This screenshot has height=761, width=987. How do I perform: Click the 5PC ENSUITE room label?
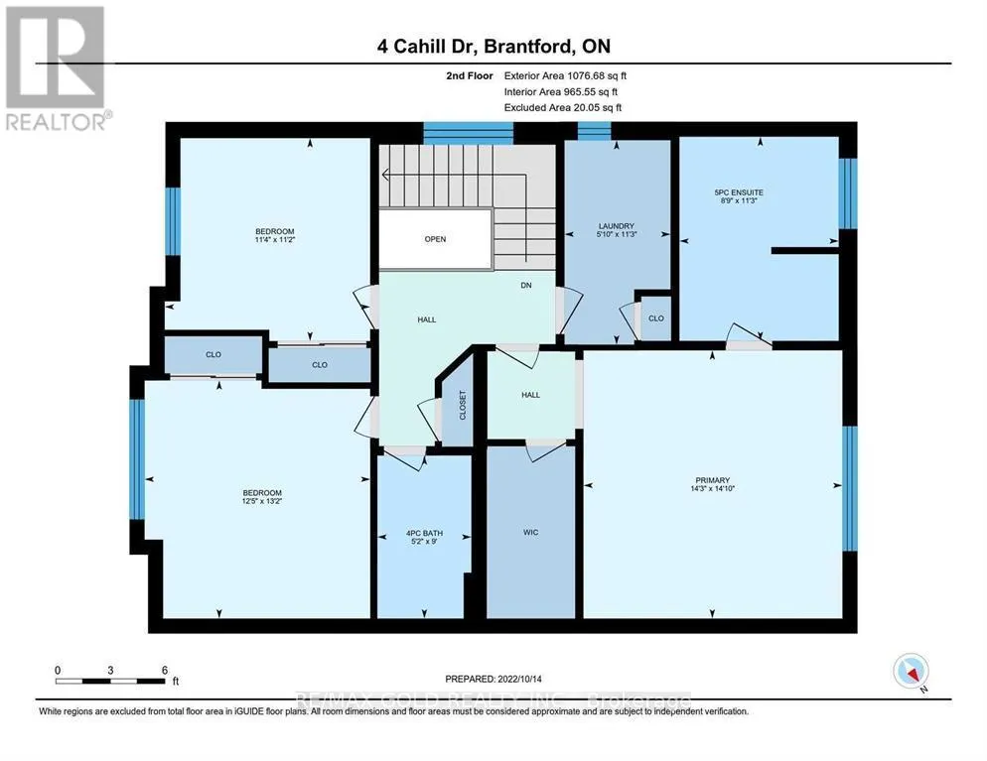point(758,191)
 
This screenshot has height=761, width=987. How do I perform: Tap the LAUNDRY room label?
point(617,226)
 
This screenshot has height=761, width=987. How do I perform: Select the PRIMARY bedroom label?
point(712,478)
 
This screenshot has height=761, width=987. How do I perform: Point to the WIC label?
point(531,533)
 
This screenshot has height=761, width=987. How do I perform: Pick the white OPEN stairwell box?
point(435,239)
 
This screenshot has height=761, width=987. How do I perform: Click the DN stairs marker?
point(527,286)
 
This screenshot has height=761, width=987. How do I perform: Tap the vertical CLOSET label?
point(463,404)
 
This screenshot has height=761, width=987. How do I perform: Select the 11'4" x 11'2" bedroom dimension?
point(275,239)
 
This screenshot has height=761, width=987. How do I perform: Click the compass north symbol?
point(911,672)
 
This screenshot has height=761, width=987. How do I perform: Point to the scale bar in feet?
point(111,680)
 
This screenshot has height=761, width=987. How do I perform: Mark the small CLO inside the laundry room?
point(656,318)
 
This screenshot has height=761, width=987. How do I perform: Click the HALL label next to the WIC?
point(531,395)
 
